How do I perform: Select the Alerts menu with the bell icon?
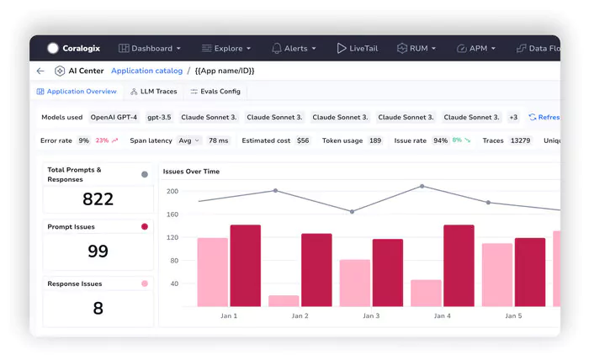click(x=294, y=49)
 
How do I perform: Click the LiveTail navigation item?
click(x=360, y=49)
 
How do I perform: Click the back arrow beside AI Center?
click(x=40, y=71)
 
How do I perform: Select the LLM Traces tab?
click(x=153, y=91)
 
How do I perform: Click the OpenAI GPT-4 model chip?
click(x=114, y=117)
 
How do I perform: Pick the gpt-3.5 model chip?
click(x=160, y=117)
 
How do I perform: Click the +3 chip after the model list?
click(x=513, y=117)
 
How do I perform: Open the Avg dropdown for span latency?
click(x=189, y=140)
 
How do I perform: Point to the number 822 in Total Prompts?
click(x=98, y=199)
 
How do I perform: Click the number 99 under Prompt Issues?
click(x=98, y=251)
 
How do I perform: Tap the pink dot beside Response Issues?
click(x=145, y=283)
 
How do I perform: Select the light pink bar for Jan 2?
click(x=284, y=300)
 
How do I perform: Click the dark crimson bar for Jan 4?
click(x=459, y=265)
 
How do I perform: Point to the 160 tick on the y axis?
click(x=172, y=214)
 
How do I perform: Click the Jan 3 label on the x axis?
click(x=370, y=316)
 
